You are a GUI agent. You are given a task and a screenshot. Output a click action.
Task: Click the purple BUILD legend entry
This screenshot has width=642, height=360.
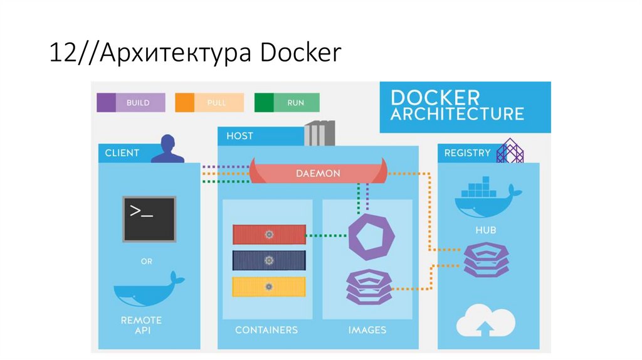click(131, 102)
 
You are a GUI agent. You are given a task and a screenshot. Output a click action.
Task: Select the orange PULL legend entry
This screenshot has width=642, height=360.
click(209, 102)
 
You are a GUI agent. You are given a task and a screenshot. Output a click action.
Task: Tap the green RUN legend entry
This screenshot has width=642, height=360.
click(287, 102)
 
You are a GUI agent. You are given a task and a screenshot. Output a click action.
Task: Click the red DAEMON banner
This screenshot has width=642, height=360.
click(318, 172)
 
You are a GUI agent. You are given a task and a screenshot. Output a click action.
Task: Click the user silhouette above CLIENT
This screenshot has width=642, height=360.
click(167, 149)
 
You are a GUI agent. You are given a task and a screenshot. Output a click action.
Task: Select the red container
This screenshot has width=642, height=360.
click(269, 235)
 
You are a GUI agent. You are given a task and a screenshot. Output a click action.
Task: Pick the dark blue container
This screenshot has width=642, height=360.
click(269, 260)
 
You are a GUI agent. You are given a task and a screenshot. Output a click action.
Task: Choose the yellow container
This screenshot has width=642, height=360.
click(269, 287)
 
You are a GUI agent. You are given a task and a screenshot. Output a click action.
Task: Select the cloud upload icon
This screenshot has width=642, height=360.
click(485, 321)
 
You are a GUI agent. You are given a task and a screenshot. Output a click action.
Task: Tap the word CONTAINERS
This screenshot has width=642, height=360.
click(266, 330)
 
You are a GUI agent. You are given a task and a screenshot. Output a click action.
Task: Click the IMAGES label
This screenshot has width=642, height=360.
click(367, 330)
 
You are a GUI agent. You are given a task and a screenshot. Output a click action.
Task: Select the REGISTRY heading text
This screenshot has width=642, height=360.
click(467, 153)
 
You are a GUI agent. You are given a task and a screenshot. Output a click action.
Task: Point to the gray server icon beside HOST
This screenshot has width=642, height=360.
click(319, 133)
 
